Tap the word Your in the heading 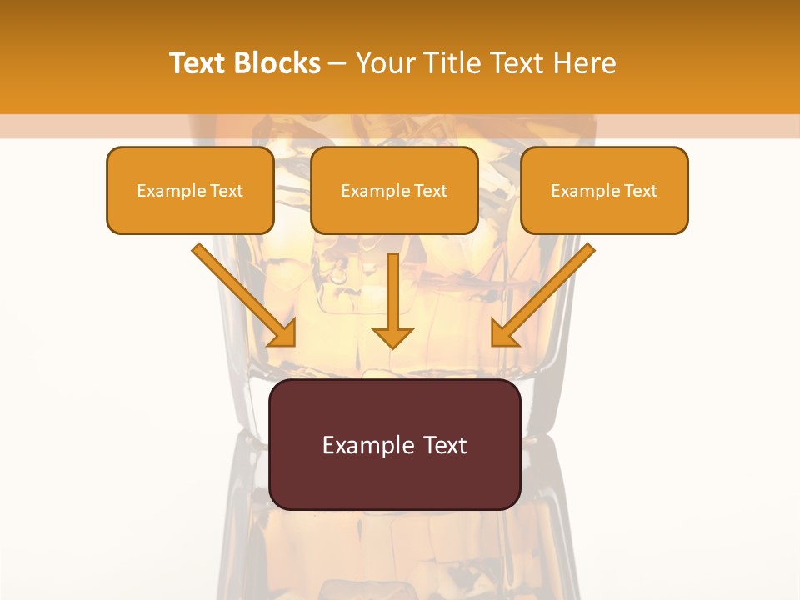[x=382, y=63]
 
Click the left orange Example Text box [x=190, y=191]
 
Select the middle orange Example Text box [x=394, y=191]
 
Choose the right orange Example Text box [x=604, y=191]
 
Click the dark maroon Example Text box [x=394, y=444]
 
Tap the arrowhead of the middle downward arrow [x=392, y=337]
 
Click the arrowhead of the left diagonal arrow [x=283, y=333]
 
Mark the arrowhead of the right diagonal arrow [x=503, y=333]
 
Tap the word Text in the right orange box [x=640, y=191]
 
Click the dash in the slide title [x=337, y=64]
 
